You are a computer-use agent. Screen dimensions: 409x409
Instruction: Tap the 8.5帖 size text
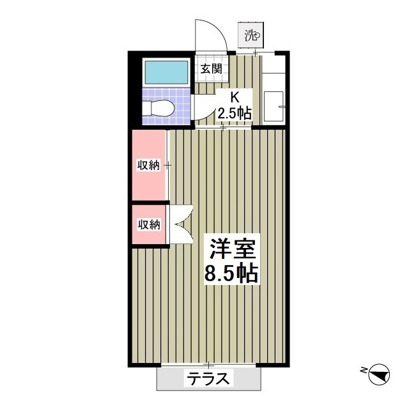point(231,274)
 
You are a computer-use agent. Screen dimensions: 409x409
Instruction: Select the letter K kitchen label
point(234,98)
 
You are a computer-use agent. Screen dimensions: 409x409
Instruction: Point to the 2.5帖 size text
point(234,113)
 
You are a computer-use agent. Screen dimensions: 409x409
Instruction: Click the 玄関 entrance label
point(211,69)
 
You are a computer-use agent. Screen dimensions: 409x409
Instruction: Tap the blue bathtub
point(165,72)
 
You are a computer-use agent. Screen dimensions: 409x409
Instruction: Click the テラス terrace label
point(208,378)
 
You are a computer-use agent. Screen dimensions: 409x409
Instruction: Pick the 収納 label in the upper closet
point(148,165)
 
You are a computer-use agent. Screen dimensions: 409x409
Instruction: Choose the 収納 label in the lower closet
point(148,224)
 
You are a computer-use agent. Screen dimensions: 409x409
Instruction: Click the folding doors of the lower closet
point(181,224)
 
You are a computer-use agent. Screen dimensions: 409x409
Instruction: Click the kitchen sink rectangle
point(275,105)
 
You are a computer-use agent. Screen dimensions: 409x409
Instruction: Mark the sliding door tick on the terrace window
point(208,365)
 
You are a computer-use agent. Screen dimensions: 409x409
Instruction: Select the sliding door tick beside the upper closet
point(167,165)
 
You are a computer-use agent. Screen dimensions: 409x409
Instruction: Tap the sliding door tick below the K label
point(224,128)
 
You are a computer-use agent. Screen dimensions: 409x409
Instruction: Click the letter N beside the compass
point(362,369)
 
